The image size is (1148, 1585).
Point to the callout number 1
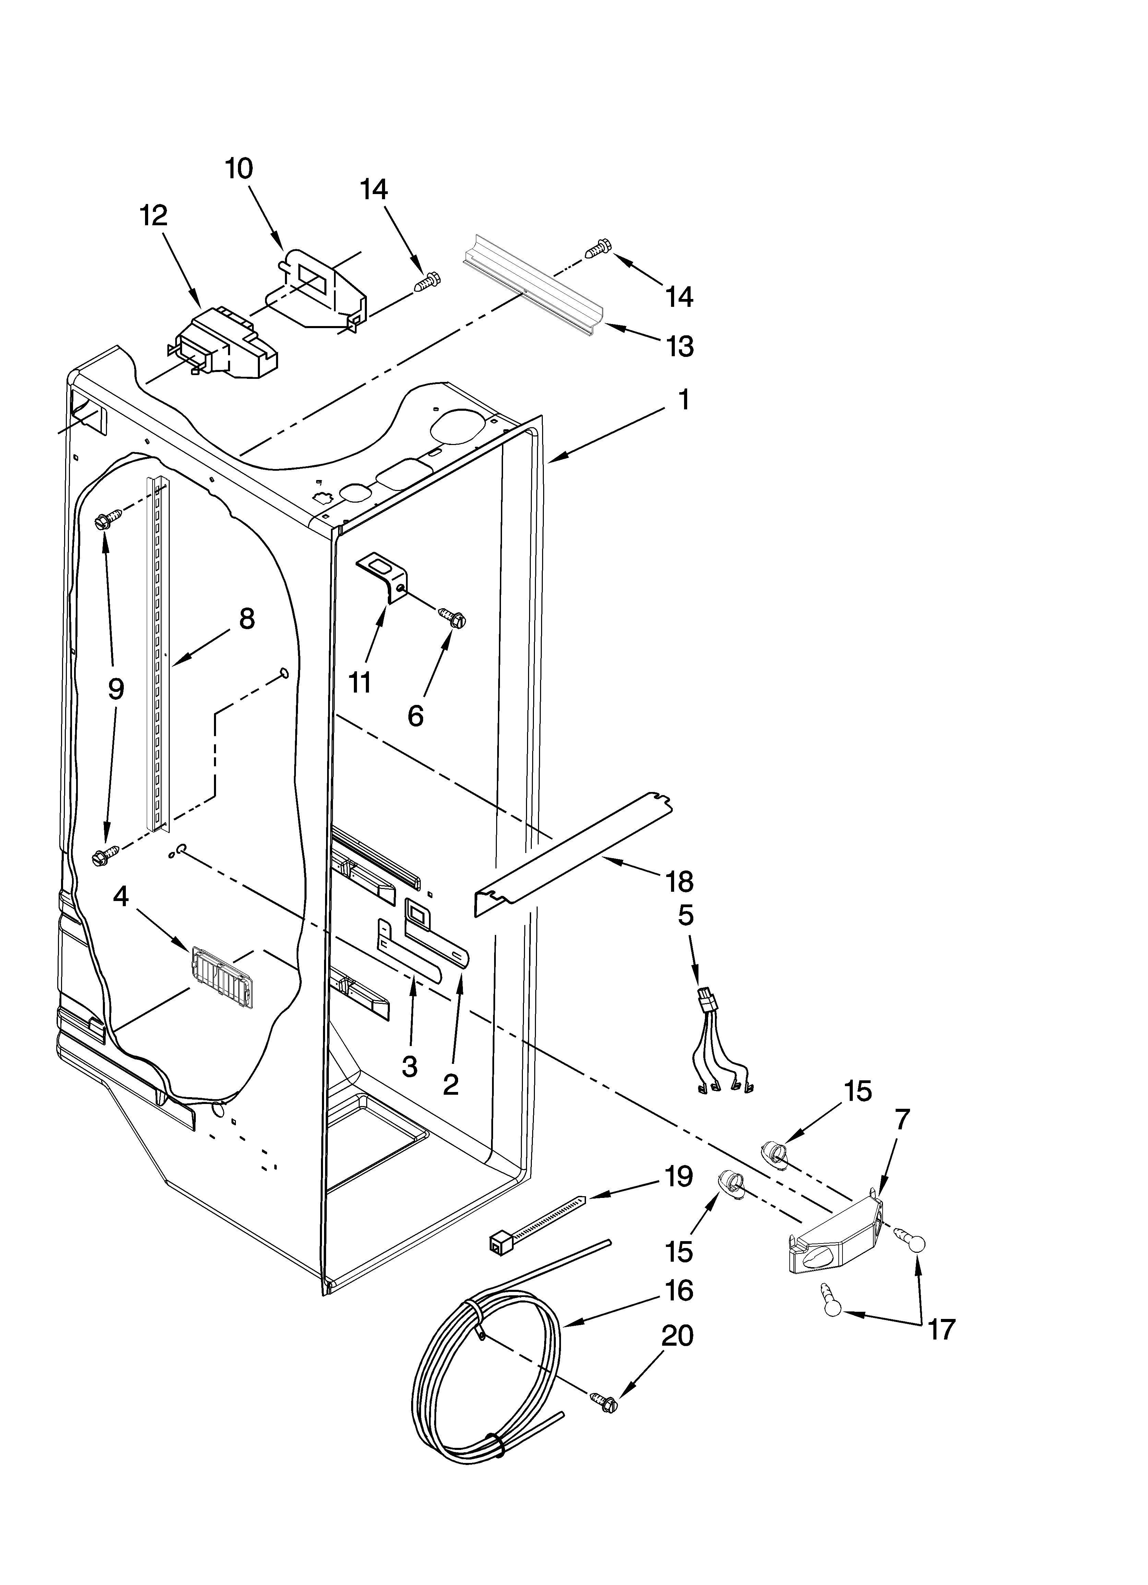[684, 400]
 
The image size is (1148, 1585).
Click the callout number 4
[121, 897]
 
